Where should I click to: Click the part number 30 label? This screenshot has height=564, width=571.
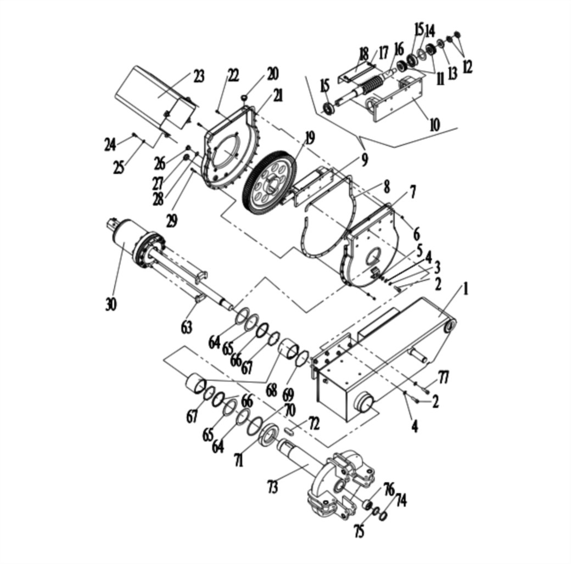pos(111,304)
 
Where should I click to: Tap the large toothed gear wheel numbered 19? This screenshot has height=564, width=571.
pos(270,181)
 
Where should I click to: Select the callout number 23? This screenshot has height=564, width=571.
pos(198,76)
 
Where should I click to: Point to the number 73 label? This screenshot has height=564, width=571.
pos(272,487)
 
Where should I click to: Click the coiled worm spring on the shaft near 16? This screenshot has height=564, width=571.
pos(374,85)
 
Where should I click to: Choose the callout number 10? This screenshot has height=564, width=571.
pos(435,125)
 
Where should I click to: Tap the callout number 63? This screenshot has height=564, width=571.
pos(187,327)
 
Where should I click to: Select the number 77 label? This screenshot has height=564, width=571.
pos(444,377)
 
